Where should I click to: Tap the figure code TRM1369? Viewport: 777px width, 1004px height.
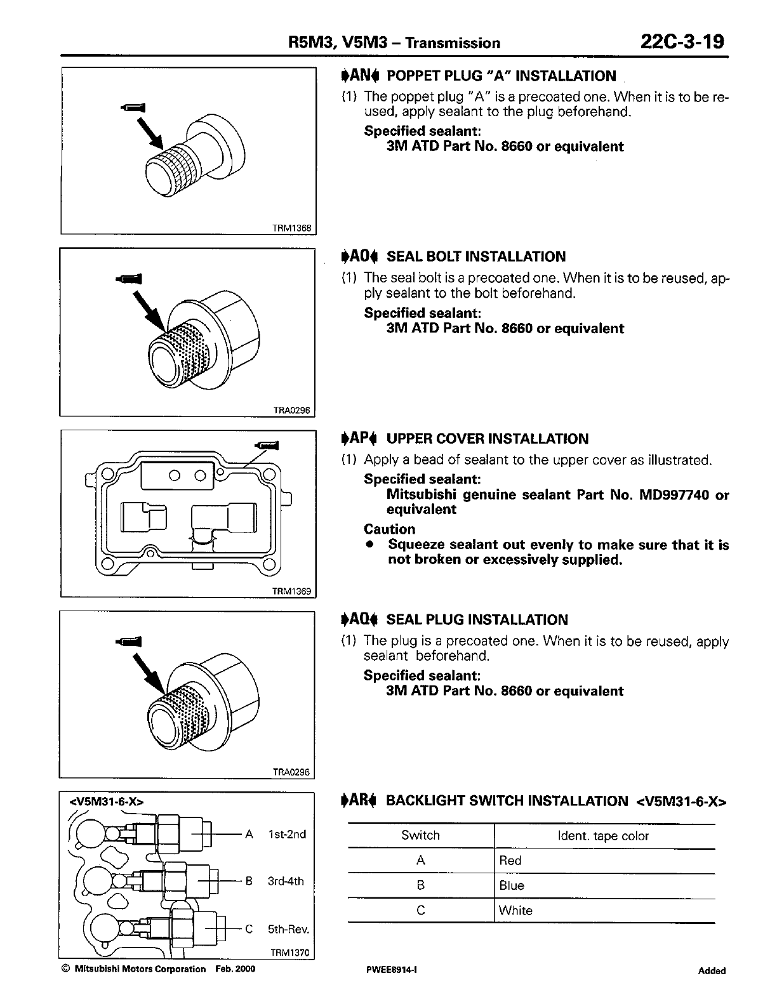(291, 591)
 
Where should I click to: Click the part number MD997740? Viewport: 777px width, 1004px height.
(670, 495)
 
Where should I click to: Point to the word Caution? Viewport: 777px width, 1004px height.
(389, 529)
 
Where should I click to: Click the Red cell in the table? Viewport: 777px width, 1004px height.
(510, 861)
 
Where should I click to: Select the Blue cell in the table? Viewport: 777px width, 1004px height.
(512, 885)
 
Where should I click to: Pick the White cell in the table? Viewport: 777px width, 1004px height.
(515, 910)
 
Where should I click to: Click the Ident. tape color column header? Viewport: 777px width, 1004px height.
(603, 836)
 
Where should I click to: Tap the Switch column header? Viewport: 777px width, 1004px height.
(420, 835)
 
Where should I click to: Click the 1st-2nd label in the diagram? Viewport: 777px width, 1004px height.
(287, 834)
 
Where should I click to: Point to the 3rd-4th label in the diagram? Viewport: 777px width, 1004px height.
(286, 881)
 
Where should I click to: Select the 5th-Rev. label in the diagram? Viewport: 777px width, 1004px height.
(288, 929)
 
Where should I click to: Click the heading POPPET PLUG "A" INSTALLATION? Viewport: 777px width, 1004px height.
(501, 76)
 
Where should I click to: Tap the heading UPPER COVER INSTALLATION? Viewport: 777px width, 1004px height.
(487, 439)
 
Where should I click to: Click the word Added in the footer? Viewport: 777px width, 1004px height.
(712, 970)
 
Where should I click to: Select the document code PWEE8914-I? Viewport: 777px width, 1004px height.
(387, 970)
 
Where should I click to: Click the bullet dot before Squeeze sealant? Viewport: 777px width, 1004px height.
(369, 545)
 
